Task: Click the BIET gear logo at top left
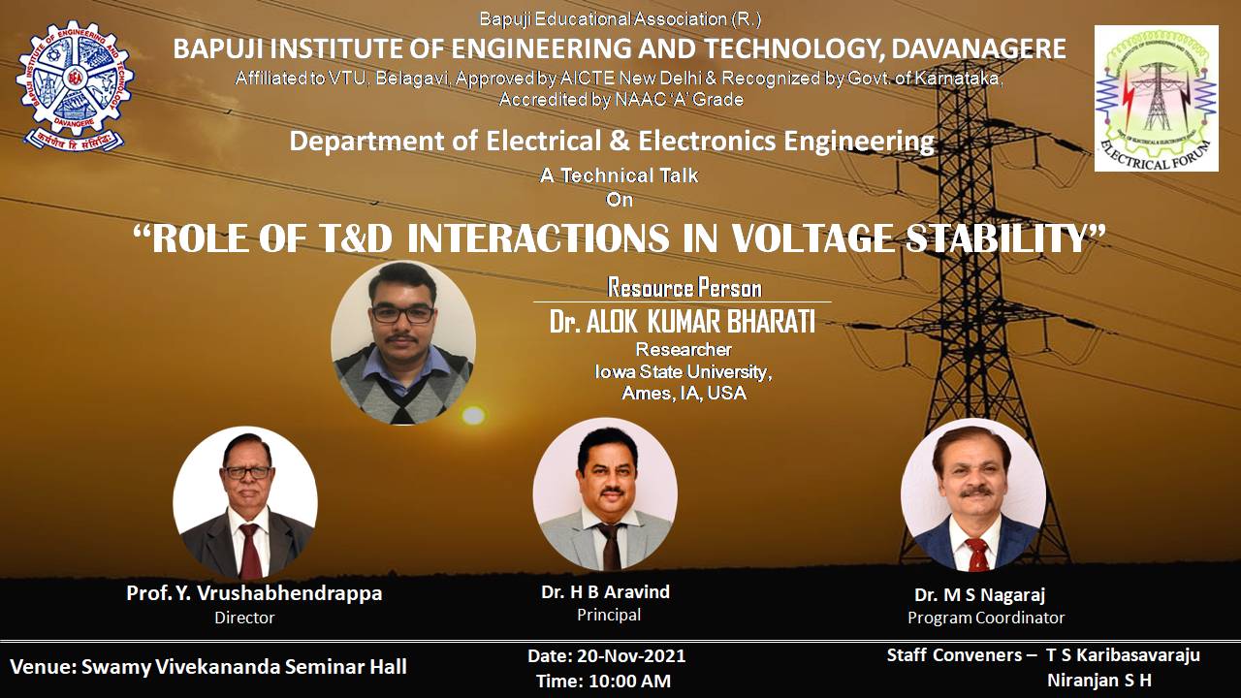click(74, 85)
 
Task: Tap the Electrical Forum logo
click(1157, 98)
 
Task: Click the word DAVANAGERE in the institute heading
click(978, 48)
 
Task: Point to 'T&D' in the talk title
click(355, 238)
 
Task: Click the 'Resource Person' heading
click(684, 288)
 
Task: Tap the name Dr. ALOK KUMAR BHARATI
click(682, 322)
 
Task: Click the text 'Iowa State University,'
click(684, 371)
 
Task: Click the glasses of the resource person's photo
click(402, 314)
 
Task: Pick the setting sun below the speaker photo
click(473, 416)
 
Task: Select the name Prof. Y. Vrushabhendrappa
click(254, 593)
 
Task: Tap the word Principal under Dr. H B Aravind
click(609, 615)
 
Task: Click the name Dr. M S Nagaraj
click(979, 595)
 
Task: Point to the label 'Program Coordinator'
click(986, 618)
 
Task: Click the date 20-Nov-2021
click(631, 656)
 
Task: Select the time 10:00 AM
click(629, 681)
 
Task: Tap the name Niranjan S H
click(1099, 680)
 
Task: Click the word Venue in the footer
click(41, 666)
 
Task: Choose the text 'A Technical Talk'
click(619, 175)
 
